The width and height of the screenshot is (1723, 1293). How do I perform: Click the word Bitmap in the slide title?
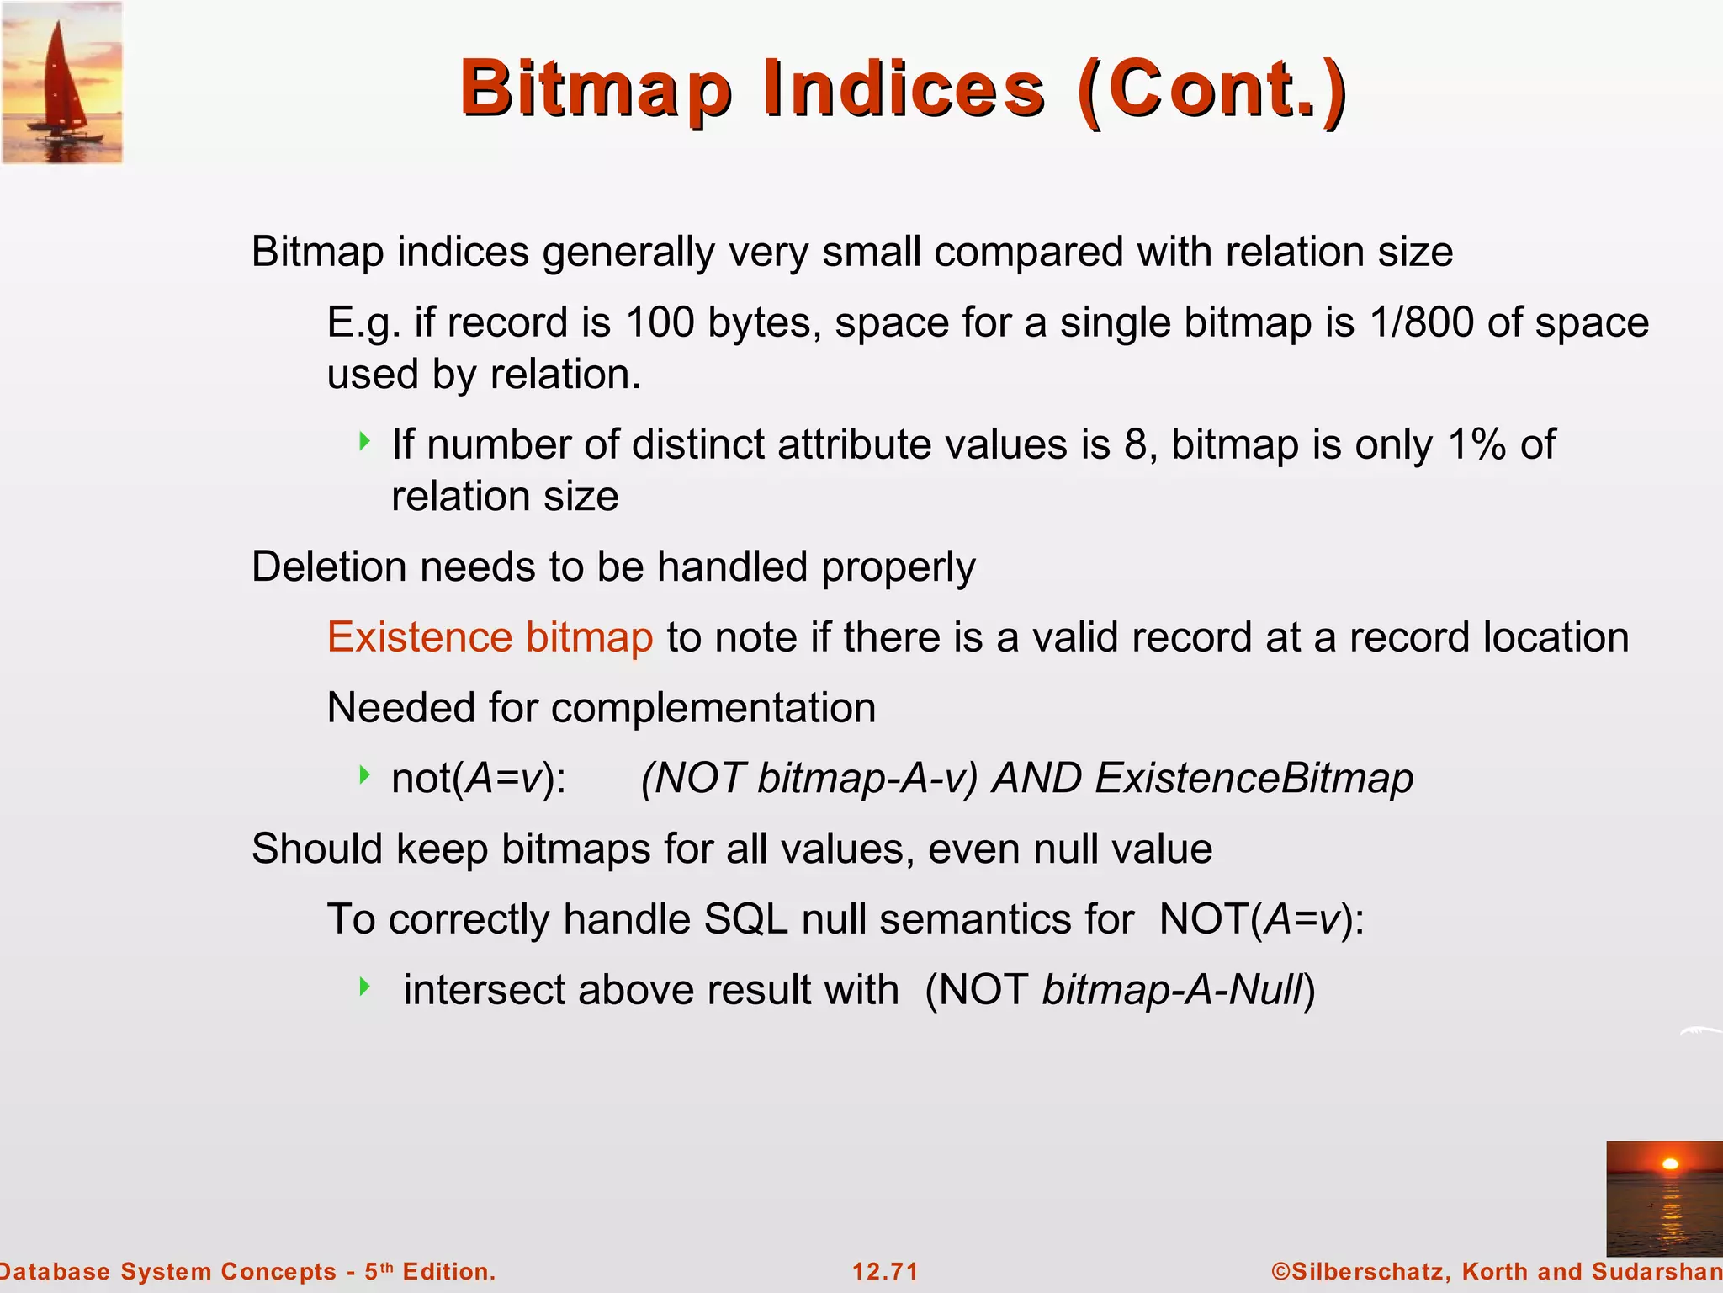tap(596, 89)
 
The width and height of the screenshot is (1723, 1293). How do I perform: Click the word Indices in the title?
tap(904, 89)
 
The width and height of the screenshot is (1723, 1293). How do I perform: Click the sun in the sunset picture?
tap(1670, 1164)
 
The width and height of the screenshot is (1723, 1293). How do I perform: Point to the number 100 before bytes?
tap(660, 322)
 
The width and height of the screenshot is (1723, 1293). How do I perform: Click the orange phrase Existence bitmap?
tap(490, 637)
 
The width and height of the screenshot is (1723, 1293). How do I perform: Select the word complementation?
tap(713, 708)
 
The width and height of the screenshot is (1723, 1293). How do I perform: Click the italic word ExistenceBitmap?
tap(1254, 778)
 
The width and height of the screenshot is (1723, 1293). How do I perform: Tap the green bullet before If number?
tap(364, 440)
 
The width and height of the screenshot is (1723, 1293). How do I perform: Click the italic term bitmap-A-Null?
tap(1173, 990)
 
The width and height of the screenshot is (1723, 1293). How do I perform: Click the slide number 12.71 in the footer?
tap(885, 1271)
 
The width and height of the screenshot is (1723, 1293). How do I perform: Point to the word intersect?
tap(483, 990)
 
